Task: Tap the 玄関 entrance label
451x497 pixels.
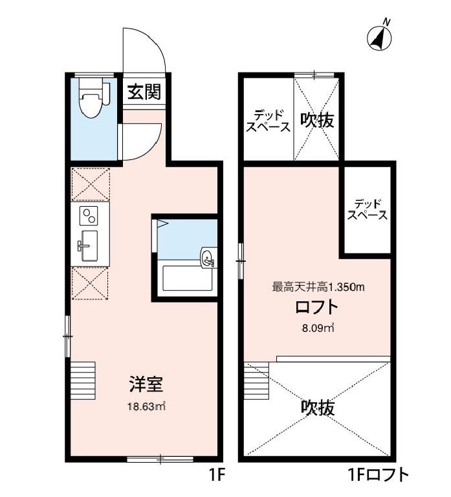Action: (143, 92)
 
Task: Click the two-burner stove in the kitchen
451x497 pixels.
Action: (89, 214)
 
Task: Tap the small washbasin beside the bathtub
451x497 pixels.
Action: (208, 258)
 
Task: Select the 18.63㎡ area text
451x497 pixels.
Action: (145, 406)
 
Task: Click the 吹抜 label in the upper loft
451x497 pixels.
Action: (317, 120)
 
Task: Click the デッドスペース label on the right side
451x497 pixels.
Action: (368, 209)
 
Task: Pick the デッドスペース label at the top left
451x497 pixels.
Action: (267, 121)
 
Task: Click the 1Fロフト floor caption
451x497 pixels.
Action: (379, 476)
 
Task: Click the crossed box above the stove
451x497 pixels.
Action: (91, 184)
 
